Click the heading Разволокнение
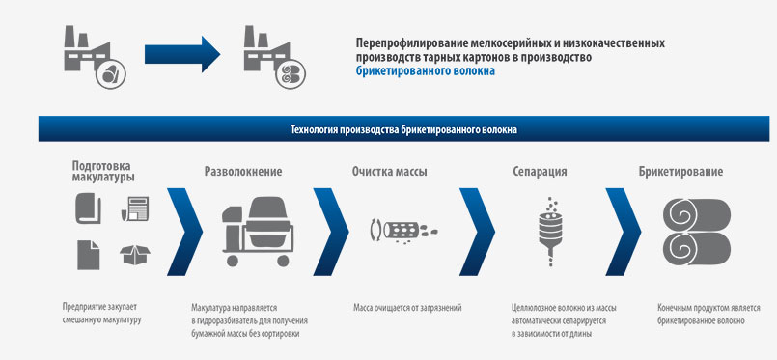(243, 172)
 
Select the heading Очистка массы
(390, 172)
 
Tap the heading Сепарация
(540, 172)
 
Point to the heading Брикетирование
(680, 172)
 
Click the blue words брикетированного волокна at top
(425, 71)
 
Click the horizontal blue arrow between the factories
(182, 54)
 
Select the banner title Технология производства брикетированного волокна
(403, 130)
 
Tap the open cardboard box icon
(135, 255)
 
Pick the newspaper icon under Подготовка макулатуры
(135, 208)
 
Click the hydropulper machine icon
(258, 231)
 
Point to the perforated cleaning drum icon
(403, 231)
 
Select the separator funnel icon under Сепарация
(551, 232)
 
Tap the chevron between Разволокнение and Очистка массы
(331, 232)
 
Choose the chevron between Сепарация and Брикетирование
(624, 232)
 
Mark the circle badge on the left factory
(110, 74)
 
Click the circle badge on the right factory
(291, 74)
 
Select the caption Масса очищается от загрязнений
(407, 308)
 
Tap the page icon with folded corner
(88, 255)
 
